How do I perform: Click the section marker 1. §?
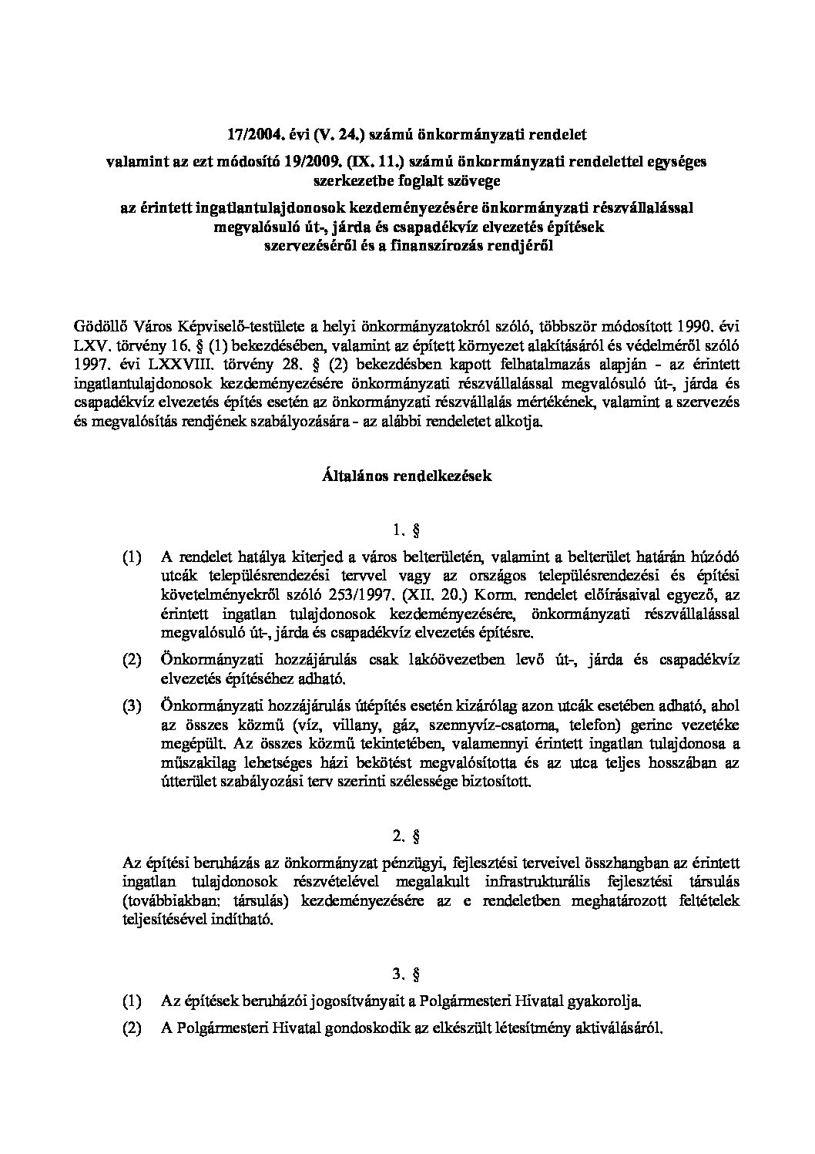pyautogui.click(x=406, y=530)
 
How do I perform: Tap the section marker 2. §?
pyautogui.click(x=406, y=836)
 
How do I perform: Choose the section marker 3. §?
pyautogui.click(x=406, y=974)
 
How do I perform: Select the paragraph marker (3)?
pyautogui.click(x=132, y=705)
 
